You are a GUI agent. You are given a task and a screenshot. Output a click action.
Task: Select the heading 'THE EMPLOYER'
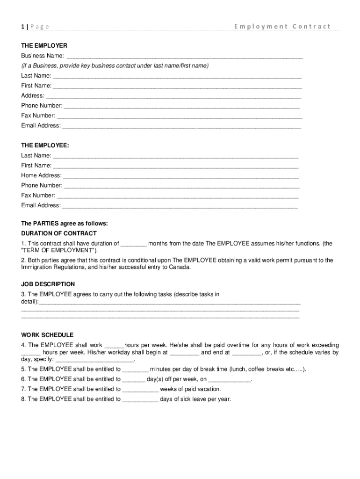point(44,46)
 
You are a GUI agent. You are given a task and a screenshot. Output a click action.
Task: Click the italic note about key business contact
point(115,65)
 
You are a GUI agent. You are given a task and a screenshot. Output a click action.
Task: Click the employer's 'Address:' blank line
point(173,96)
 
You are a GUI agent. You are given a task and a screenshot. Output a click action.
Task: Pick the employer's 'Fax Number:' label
point(38,116)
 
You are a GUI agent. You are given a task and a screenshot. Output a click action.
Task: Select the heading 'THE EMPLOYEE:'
point(45,145)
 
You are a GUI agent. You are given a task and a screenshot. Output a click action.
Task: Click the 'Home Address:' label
point(41,175)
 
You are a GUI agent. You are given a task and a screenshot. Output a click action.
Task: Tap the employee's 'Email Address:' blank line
point(180,206)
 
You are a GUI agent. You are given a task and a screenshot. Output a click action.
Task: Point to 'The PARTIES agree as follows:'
point(65,224)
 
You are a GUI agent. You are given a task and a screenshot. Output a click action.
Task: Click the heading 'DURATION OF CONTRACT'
point(59,233)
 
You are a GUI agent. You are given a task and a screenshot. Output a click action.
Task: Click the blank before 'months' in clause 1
point(134,244)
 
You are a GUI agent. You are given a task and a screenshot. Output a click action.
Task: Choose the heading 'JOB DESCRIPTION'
point(48,284)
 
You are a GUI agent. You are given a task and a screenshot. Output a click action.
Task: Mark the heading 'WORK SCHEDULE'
point(47,335)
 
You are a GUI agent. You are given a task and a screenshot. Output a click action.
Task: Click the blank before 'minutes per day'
point(135,369)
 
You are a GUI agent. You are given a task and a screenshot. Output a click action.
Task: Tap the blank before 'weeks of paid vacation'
point(140,389)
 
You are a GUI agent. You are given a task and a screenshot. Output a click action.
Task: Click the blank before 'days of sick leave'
point(140,399)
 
